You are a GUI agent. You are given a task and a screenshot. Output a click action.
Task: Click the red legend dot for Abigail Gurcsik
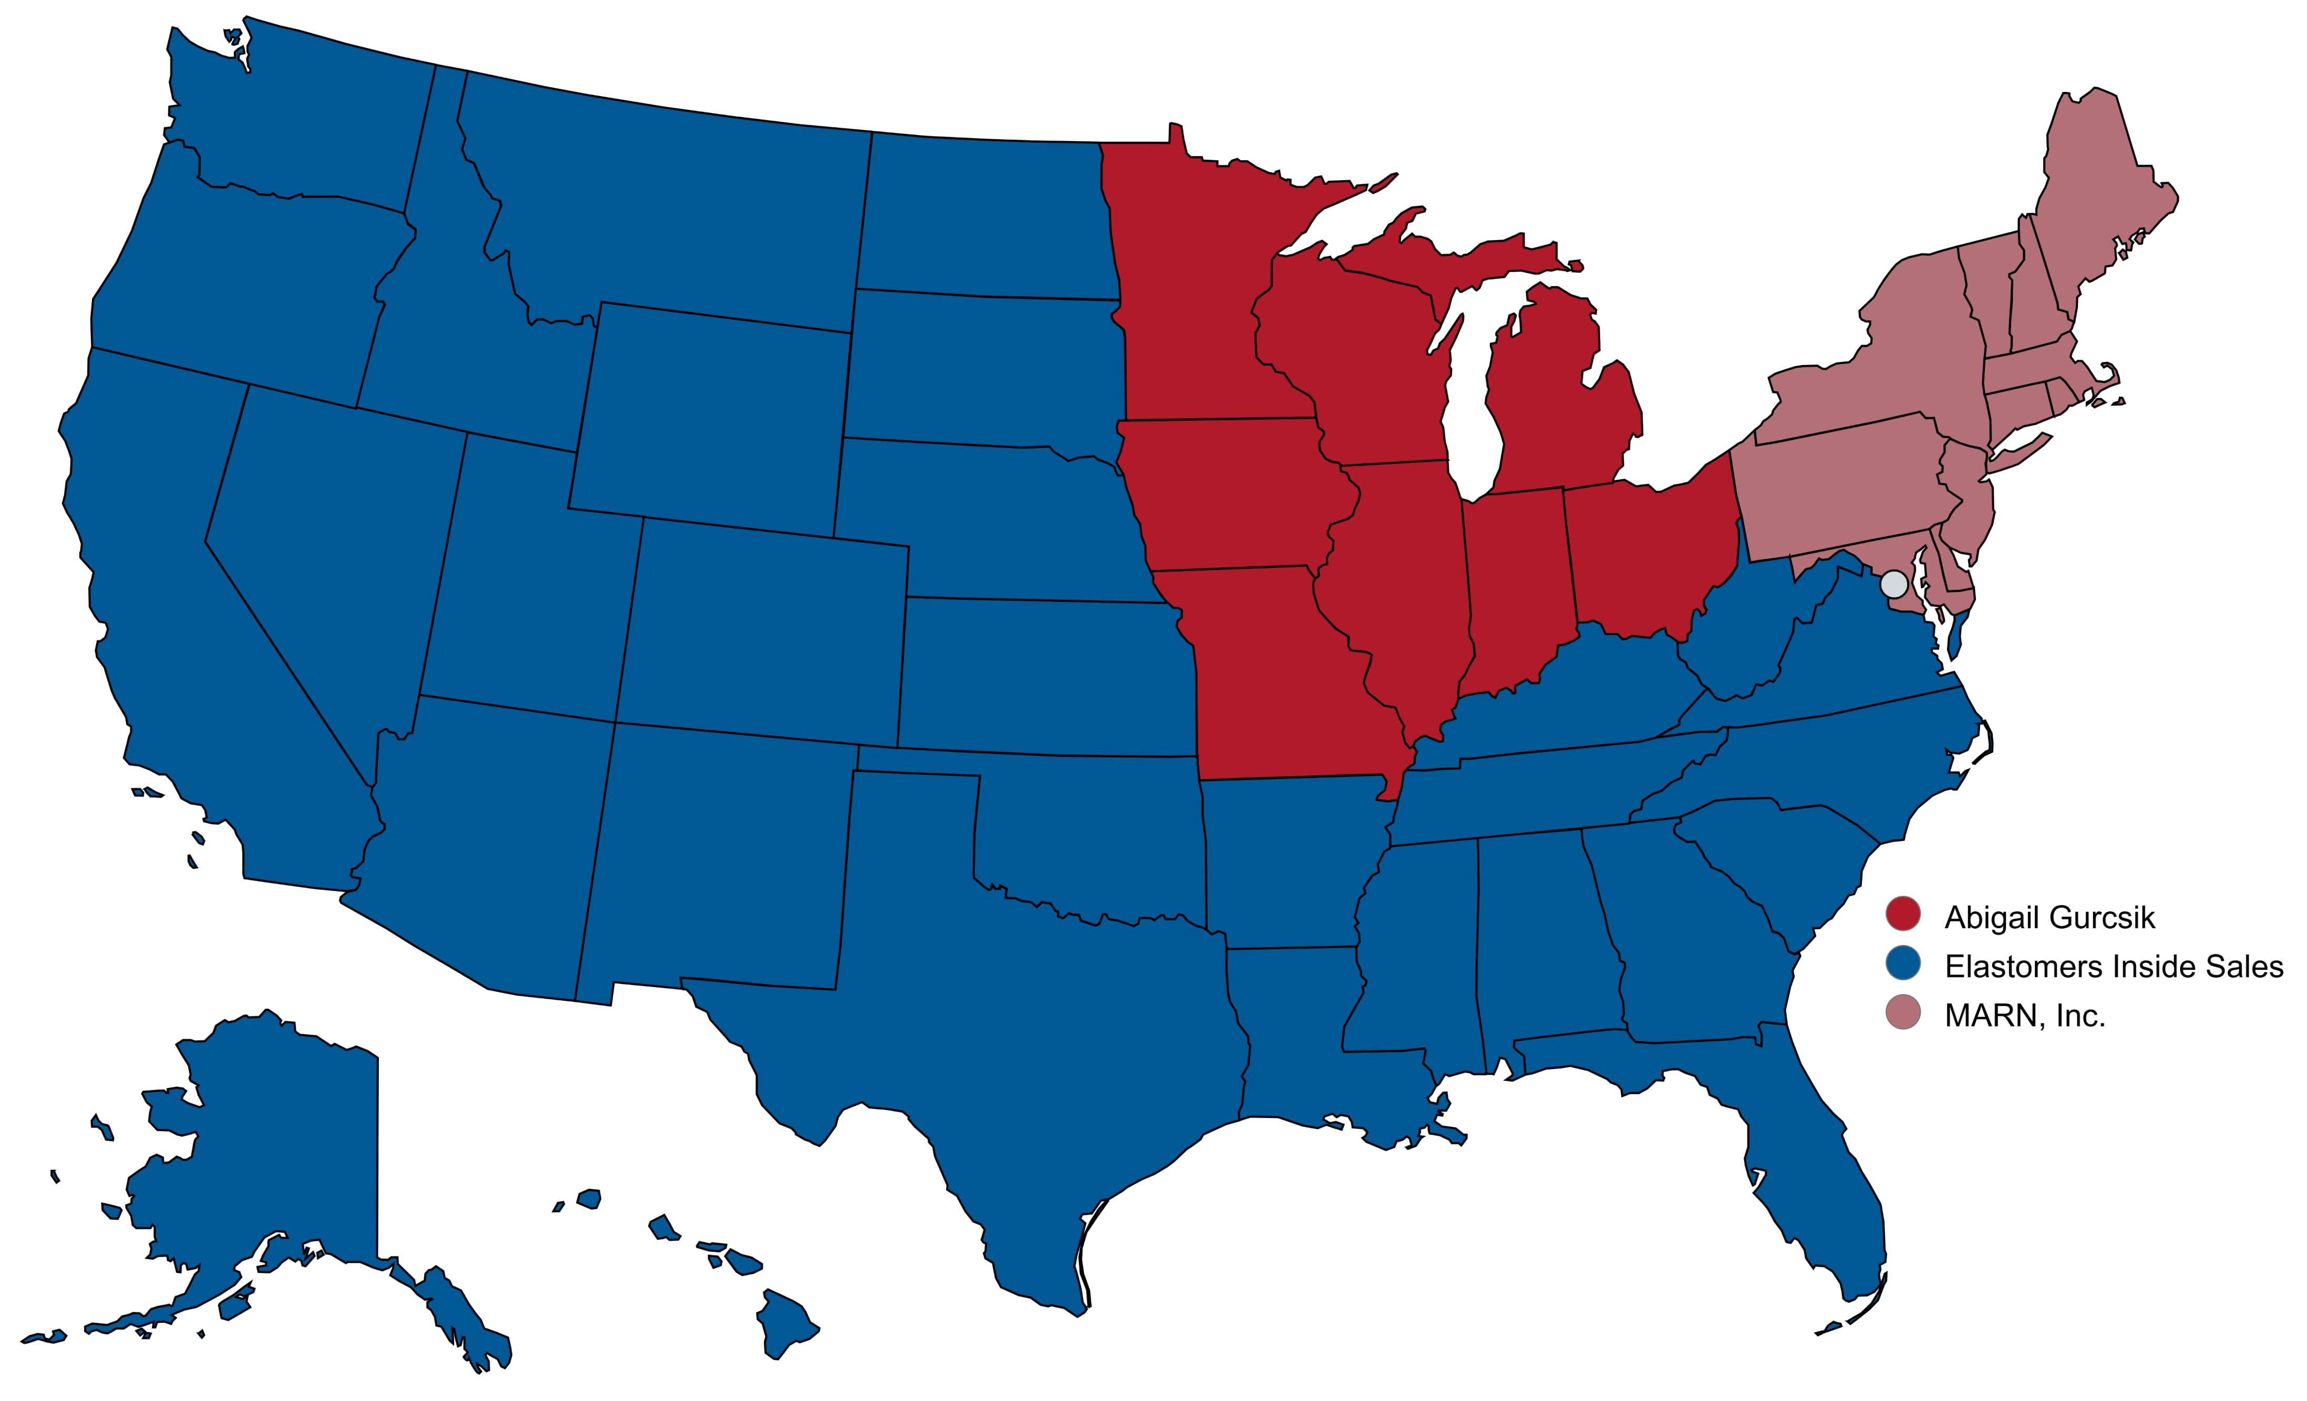pyautogui.click(x=1902, y=915)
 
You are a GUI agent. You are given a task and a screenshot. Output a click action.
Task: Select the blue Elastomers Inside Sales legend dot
pyautogui.click(x=1902, y=964)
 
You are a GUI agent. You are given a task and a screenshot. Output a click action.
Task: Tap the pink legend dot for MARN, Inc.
pyautogui.click(x=1902, y=1013)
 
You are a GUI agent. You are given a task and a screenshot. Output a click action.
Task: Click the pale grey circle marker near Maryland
pyautogui.click(x=1894, y=584)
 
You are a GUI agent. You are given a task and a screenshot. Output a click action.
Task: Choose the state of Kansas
pyautogui.click(x=1039, y=674)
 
